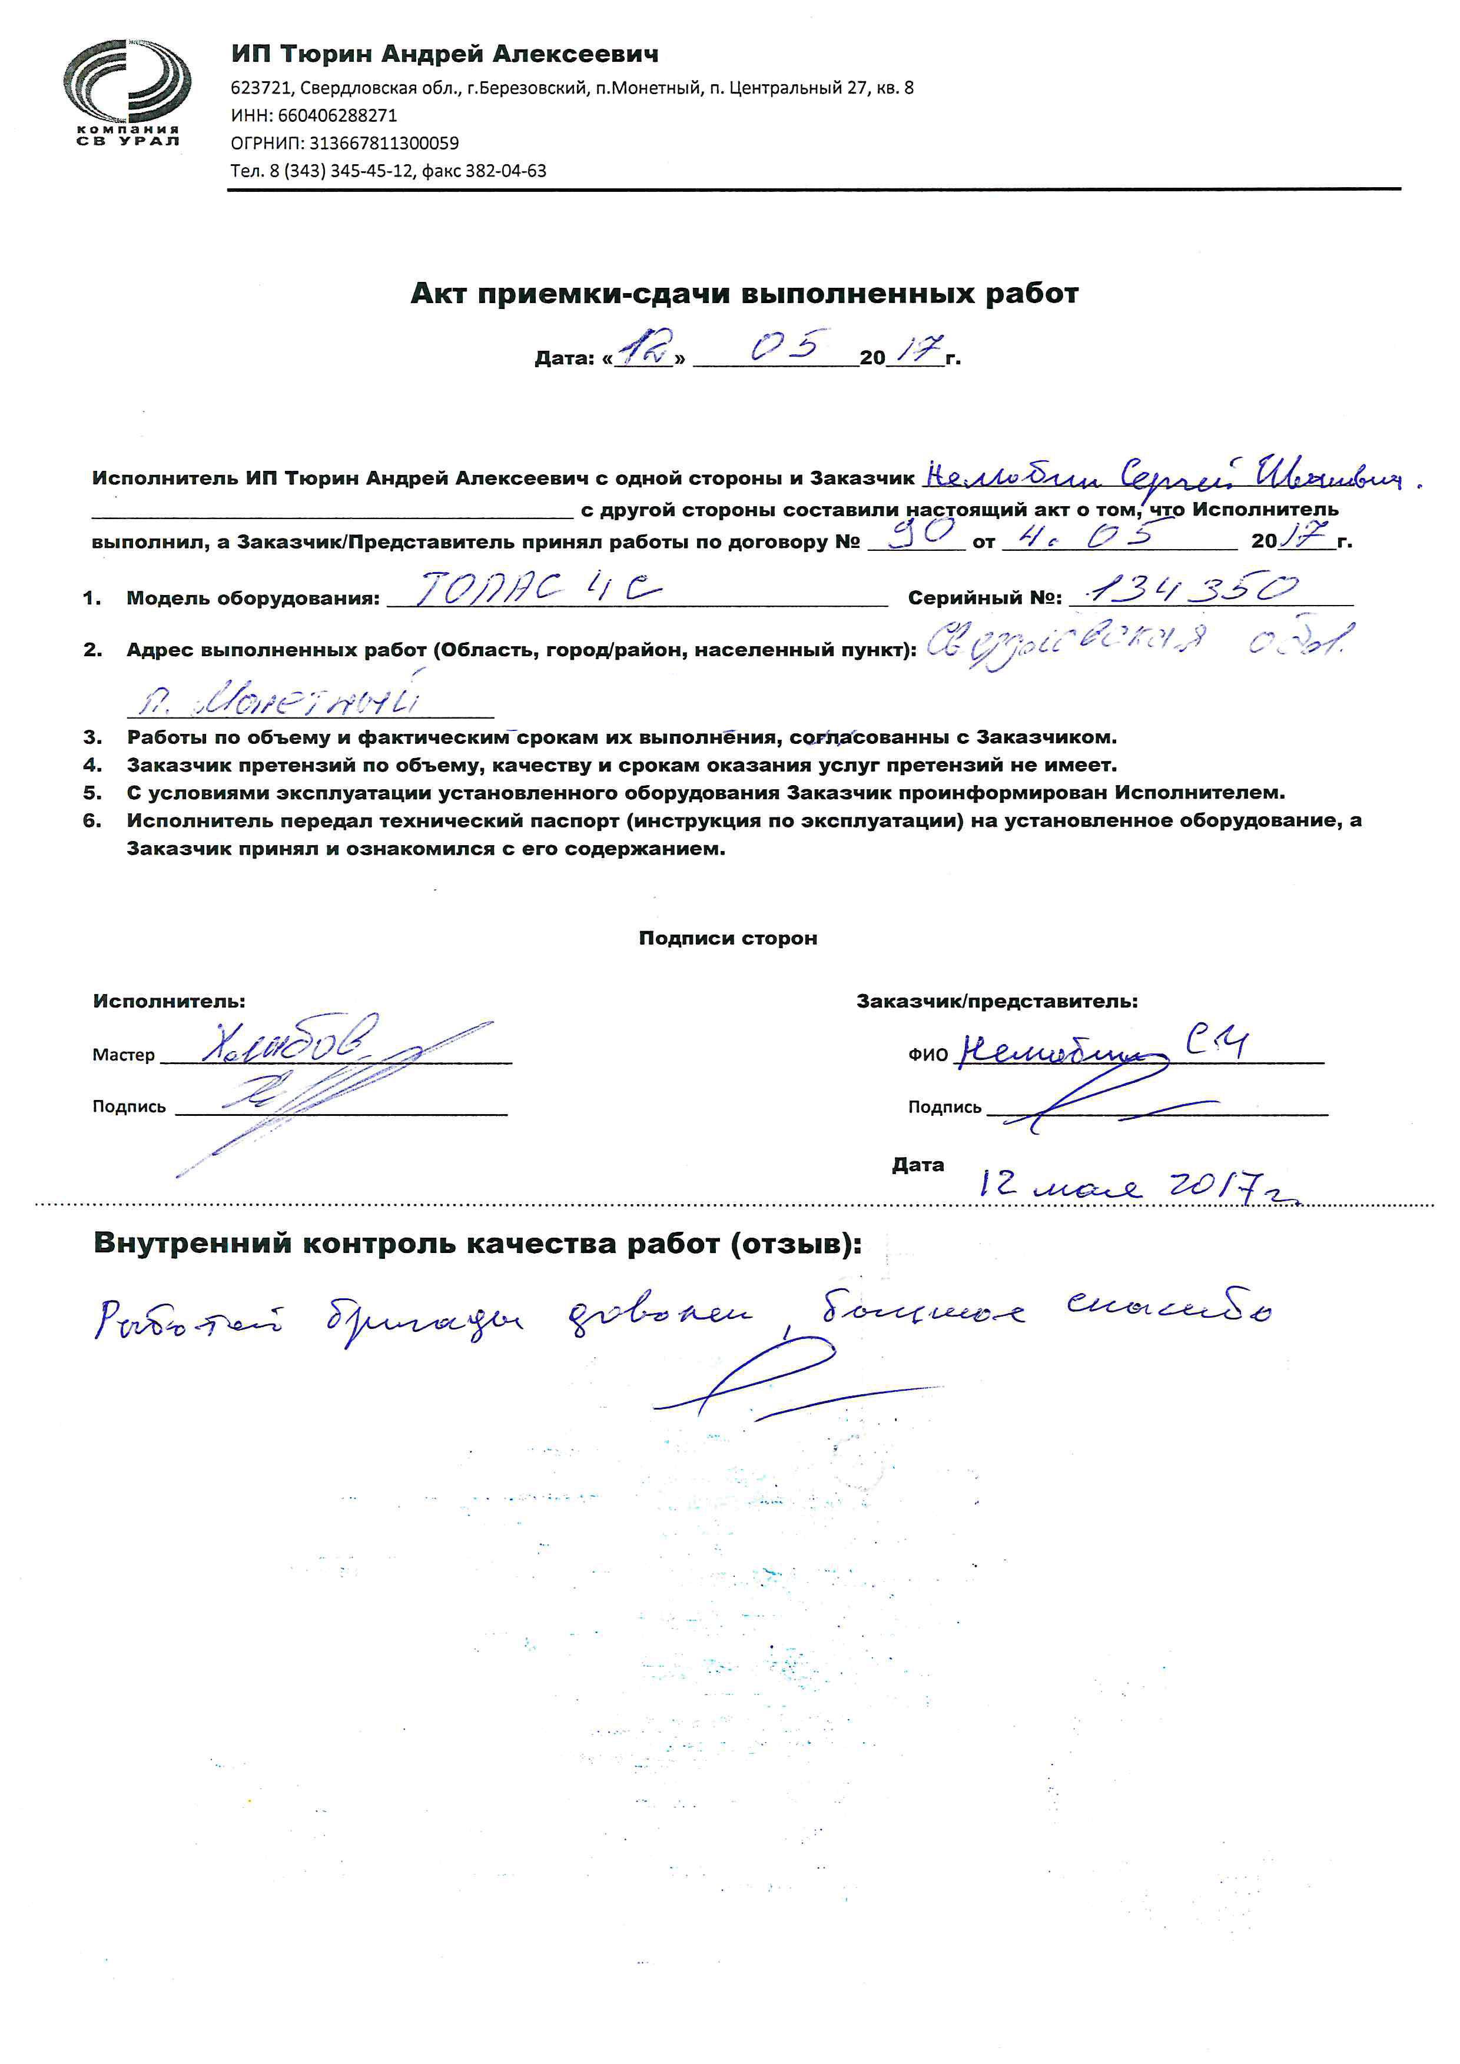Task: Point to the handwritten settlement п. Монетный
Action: [278, 699]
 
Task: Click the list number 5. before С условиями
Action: [92, 793]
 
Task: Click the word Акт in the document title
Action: [439, 294]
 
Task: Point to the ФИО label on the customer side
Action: [928, 1055]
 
